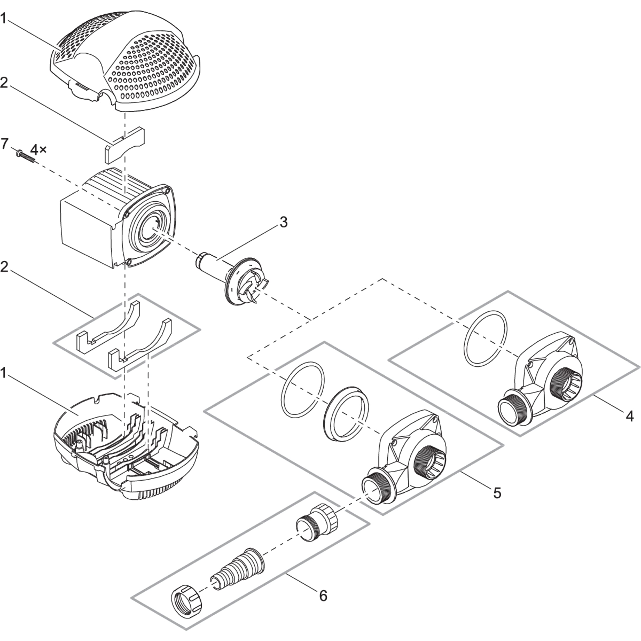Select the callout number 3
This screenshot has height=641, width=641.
pos(283,223)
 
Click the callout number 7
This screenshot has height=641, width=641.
pos(4,144)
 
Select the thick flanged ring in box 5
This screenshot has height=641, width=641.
pos(345,414)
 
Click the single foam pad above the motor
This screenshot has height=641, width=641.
pos(125,145)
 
